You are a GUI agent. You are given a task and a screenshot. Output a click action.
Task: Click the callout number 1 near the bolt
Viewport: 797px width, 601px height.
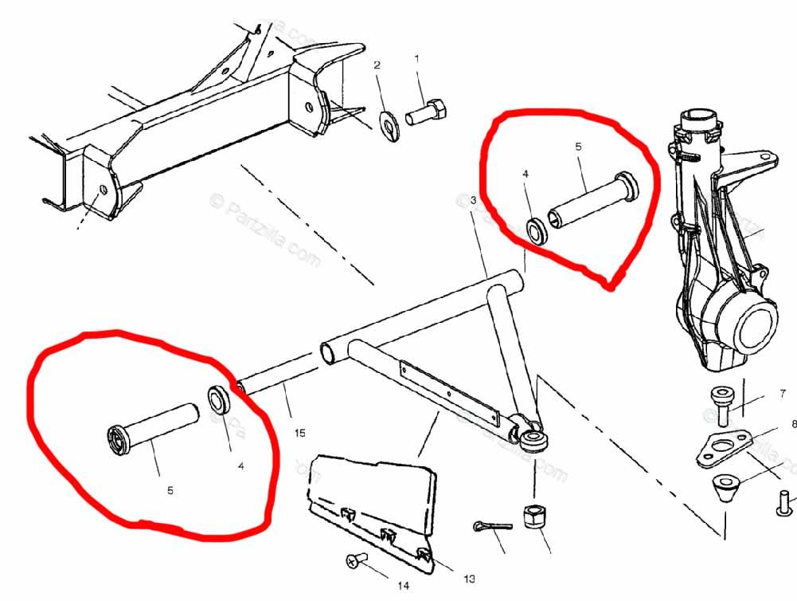(417, 58)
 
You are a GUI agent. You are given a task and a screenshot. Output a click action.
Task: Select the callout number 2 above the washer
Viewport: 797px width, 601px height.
(377, 65)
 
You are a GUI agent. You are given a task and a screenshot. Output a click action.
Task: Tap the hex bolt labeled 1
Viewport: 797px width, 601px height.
(426, 113)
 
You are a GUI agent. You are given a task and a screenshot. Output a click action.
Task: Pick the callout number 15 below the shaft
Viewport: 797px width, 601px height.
(299, 434)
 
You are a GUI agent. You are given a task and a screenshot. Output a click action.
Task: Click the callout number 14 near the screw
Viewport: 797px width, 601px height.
(404, 586)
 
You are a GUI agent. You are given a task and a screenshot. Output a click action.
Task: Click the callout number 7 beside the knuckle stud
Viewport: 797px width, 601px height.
(782, 393)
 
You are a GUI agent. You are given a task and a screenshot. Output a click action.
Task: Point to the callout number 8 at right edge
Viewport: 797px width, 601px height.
(793, 424)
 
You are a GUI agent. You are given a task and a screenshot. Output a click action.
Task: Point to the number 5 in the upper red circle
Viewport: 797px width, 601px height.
(578, 147)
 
